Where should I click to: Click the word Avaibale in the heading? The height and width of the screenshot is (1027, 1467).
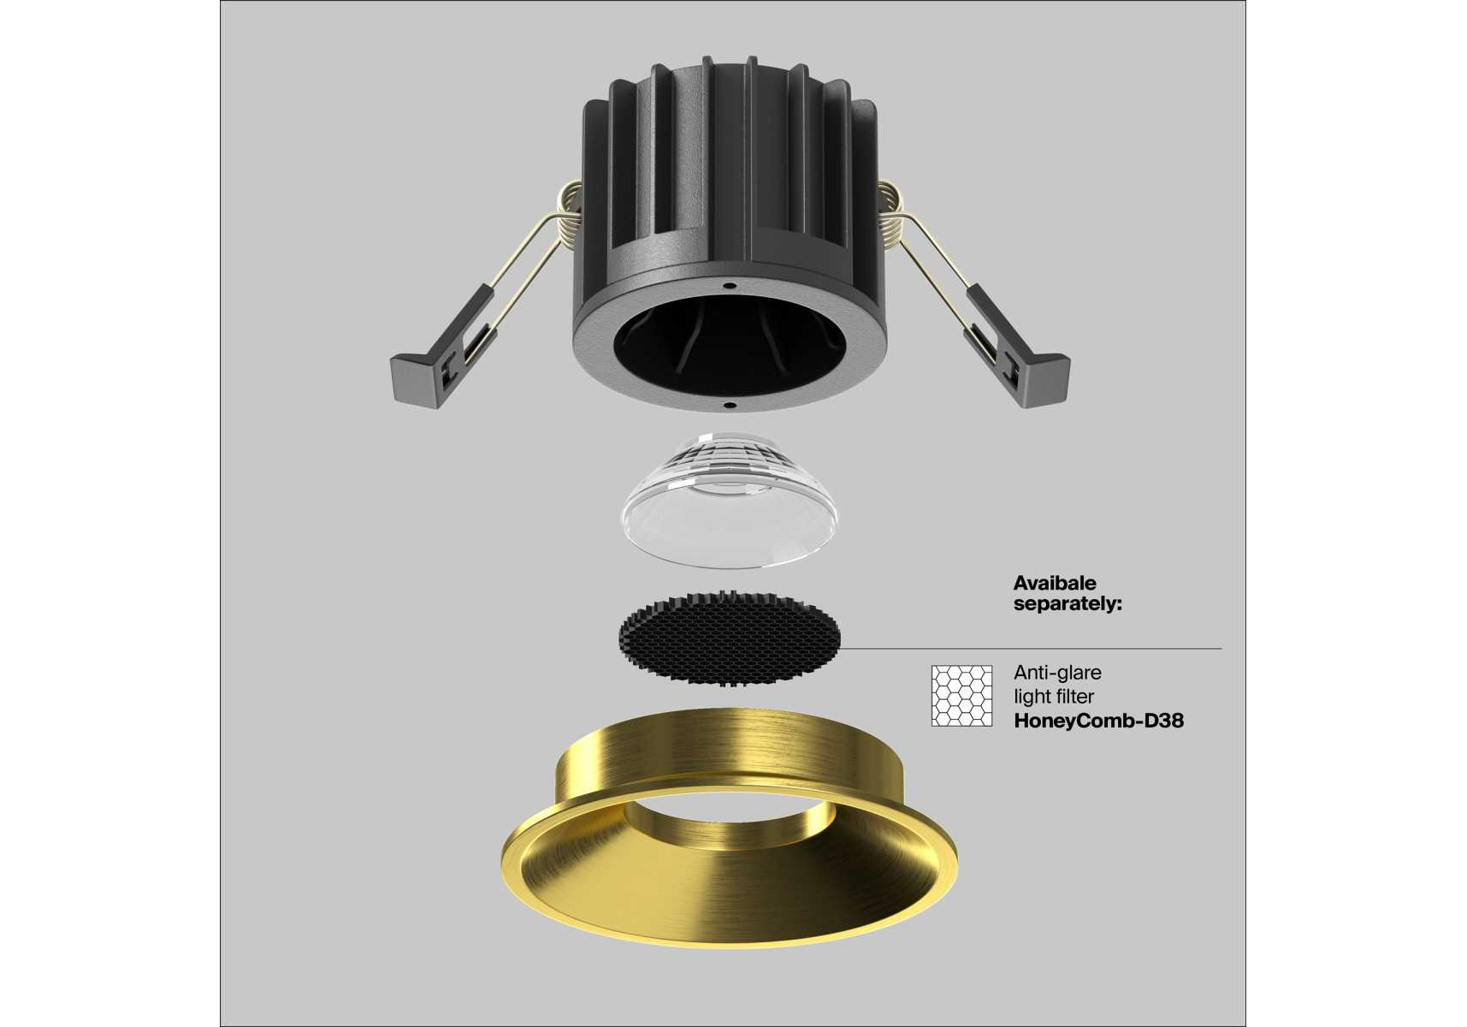click(x=1054, y=583)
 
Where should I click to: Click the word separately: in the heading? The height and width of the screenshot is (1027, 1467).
click(x=1068, y=603)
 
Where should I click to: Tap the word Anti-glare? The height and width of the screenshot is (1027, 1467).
click(x=1057, y=673)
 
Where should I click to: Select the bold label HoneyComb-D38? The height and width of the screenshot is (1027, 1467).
click(x=1099, y=721)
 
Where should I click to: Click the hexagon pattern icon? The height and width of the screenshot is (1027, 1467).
click(x=962, y=696)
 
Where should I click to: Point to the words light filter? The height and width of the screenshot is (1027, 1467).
click(x=1054, y=697)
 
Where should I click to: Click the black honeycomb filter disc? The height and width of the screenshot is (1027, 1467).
click(x=730, y=638)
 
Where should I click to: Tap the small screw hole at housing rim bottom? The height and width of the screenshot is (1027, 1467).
click(x=729, y=404)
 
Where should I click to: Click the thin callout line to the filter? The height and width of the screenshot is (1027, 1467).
click(x=1032, y=649)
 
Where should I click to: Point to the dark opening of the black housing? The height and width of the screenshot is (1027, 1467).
click(x=730, y=347)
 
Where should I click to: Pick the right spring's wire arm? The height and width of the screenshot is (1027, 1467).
click(x=941, y=282)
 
